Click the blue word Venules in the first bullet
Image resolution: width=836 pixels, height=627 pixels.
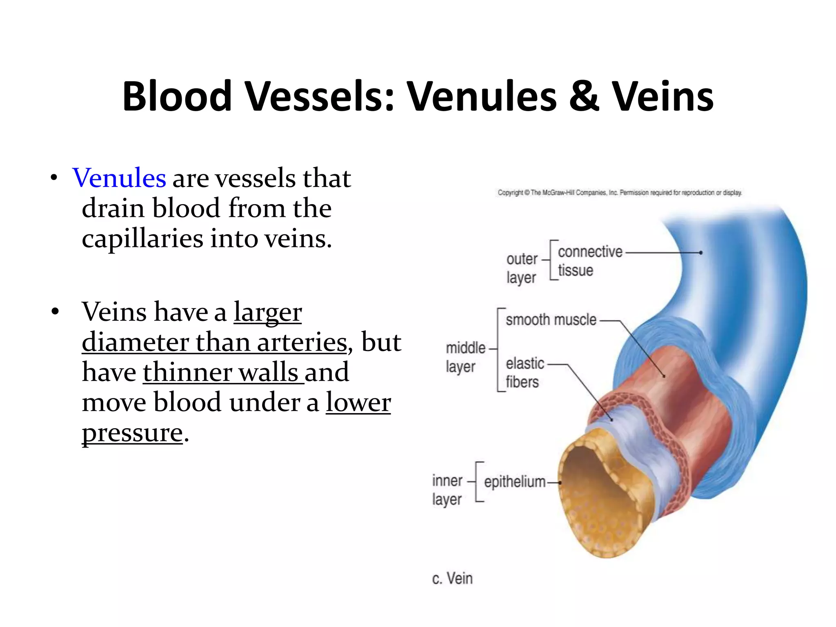pyautogui.click(x=119, y=178)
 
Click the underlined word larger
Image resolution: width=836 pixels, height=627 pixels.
pyautogui.click(x=267, y=312)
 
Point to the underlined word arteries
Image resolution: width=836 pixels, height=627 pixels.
pyautogui.click(x=302, y=342)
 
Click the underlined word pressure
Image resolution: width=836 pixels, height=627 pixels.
pyautogui.click(x=132, y=433)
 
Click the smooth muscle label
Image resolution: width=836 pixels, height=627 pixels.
pyautogui.click(x=551, y=320)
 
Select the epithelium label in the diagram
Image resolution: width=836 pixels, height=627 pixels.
pyautogui.click(x=514, y=482)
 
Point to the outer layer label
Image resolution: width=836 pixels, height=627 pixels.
pyautogui.click(x=522, y=268)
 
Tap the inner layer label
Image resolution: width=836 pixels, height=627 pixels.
pyautogui.click(x=447, y=490)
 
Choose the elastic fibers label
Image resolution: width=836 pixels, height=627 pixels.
pyautogui.click(x=524, y=373)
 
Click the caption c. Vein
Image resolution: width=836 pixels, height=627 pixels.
pyautogui.click(x=452, y=578)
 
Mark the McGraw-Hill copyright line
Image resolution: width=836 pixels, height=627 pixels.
pyautogui.click(x=619, y=193)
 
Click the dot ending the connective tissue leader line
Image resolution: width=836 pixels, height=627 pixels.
pyautogui.click(x=700, y=253)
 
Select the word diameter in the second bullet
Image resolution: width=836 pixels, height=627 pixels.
pyautogui.click(x=135, y=342)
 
